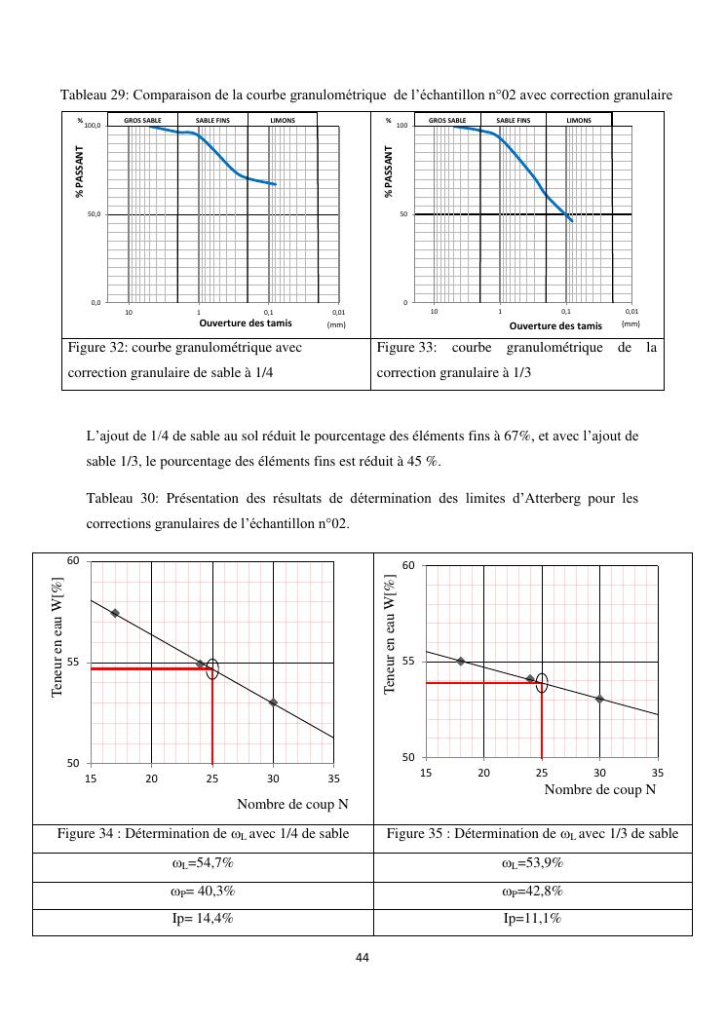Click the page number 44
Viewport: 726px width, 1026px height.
point(363,958)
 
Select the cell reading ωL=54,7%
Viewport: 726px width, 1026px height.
point(203,864)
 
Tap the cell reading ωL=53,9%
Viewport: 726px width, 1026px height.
point(532,864)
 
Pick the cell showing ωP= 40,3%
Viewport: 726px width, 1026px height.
point(203,892)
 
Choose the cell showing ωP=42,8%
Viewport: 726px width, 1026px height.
point(532,892)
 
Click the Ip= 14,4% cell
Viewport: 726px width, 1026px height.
point(203,919)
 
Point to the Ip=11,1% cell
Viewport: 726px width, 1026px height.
point(532,919)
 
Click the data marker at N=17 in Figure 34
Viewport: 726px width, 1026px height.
point(115,613)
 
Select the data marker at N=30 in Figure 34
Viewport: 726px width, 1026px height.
point(273,703)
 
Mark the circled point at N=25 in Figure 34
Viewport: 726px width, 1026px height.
point(212,668)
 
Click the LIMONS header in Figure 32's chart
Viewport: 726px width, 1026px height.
point(283,120)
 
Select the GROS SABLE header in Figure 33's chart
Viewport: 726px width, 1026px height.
point(447,120)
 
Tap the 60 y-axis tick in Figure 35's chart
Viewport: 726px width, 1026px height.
point(409,566)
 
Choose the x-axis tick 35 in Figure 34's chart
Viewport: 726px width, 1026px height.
point(333,779)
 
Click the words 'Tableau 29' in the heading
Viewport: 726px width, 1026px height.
point(94,95)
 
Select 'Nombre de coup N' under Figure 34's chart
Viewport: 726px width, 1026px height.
point(292,804)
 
